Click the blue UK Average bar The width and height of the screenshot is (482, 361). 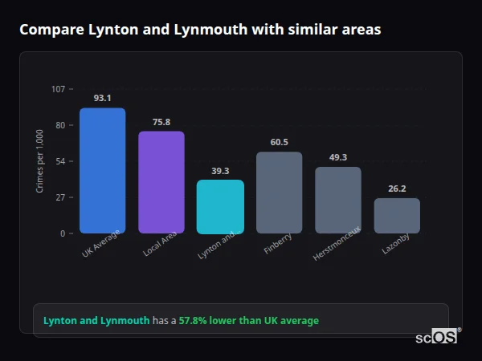point(102,171)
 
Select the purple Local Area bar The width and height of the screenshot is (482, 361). point(161,182)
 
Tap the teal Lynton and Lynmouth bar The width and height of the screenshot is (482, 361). point(220,206)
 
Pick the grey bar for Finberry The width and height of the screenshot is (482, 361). point(279,193)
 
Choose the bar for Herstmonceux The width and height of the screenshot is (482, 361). point(337,200)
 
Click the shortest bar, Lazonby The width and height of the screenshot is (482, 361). point(397,216)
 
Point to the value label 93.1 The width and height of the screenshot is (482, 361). point(102,98)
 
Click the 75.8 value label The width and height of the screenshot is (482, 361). point(161,122)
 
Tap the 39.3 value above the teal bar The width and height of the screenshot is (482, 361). point(220,170)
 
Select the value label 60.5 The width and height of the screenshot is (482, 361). point(279,142)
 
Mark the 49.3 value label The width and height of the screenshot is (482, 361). point(337,157)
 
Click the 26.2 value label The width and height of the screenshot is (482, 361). point(397,189)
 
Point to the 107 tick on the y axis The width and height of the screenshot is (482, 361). point(58,89)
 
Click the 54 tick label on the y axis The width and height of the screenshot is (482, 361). point(60,161)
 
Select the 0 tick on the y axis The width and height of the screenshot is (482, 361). point(63,233)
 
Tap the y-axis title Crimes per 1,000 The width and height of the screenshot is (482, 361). point(40,161)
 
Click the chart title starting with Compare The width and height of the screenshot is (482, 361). point(200,30)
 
